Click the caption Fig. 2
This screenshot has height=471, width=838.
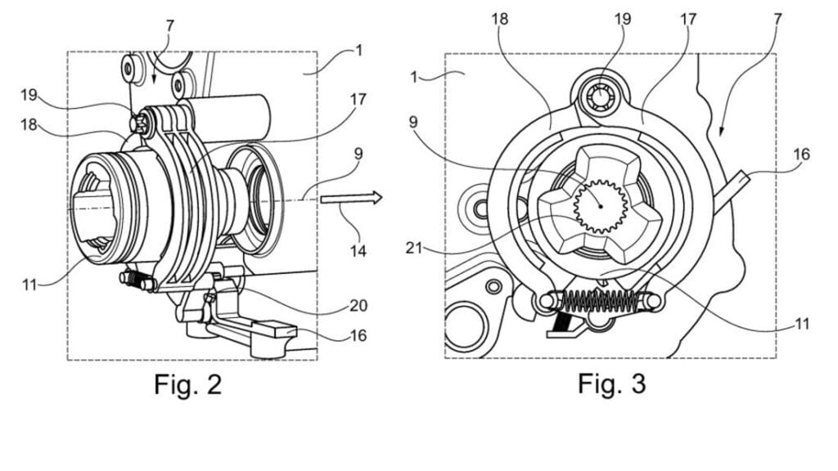pos(187,384)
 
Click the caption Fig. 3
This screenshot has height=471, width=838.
pos(611,384)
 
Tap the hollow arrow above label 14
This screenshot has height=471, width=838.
pos(352,198)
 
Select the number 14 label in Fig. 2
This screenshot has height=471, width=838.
pos(358,250)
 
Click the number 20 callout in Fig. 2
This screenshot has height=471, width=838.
pos(358,306)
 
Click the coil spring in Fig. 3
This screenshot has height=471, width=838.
pos(598,301)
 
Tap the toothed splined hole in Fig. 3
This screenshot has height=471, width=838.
pos(600,207)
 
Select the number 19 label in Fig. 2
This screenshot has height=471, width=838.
pos(30,95)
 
